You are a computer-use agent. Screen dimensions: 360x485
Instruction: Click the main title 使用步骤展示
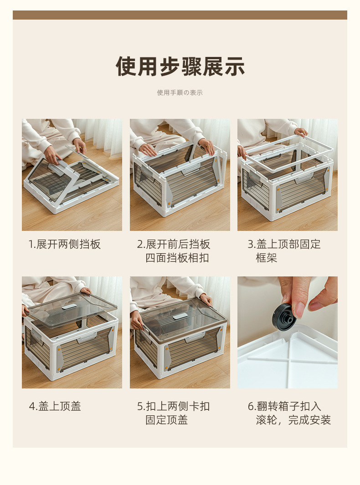click(180, 66)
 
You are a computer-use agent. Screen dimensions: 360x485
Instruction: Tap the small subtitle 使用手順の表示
click(180, 92)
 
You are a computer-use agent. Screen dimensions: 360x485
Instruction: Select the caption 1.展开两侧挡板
click(65, 245)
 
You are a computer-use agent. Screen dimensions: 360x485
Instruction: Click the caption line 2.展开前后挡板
click(174, 245)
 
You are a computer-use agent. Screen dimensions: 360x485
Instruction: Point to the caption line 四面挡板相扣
click(177, 258)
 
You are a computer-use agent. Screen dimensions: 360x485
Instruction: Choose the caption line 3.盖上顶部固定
click(284, 245)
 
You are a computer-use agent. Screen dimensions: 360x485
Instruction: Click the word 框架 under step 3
click(267, 258)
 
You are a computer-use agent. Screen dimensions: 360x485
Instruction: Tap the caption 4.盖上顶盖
click(55, 406)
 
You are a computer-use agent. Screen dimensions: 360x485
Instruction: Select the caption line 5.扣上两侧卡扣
click(174, 406)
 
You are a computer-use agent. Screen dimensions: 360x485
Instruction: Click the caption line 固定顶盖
click(167, 420)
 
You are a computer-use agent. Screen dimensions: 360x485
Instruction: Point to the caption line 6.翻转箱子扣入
click(284, 406)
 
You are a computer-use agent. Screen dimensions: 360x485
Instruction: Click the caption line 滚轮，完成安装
click(293, 420)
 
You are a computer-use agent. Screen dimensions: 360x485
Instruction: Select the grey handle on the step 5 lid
click(180, 317)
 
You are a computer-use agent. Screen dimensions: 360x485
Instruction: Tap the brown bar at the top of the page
click(180, 15)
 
